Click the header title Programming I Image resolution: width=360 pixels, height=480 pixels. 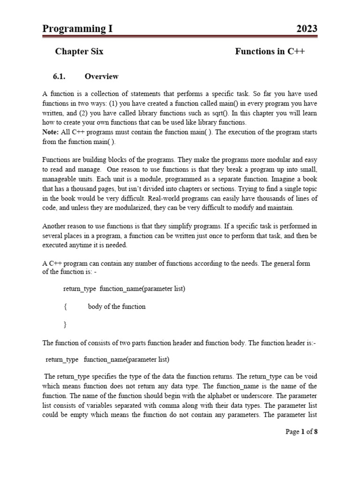[x=77, y=29]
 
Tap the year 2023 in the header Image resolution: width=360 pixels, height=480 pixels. [x=307, y=29]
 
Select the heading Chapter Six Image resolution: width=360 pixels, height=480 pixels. [x=79, y=52]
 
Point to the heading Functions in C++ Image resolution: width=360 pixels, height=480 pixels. [x=270, y=52]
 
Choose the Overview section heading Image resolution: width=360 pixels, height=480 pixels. [x=101, y=76]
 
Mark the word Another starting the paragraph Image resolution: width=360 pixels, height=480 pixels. [x=55, y=226]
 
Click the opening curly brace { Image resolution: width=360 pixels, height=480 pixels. [x=65, y=307]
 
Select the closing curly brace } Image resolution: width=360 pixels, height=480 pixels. [x=65, y=324]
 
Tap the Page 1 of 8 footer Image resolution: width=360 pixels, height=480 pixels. [x=301, y=432]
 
